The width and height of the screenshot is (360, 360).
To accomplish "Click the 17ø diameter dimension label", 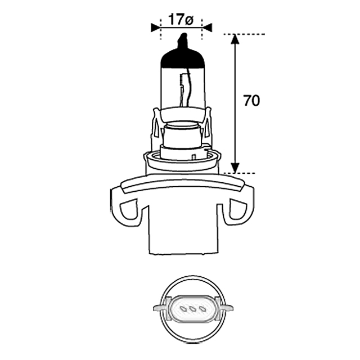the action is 181,20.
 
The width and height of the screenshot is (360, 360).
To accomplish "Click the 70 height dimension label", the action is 251,101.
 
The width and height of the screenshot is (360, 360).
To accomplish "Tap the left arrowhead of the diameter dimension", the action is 155,28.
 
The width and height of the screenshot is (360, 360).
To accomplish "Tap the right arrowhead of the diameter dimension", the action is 208,28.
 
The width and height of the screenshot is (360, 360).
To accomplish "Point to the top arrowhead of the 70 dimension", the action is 235,39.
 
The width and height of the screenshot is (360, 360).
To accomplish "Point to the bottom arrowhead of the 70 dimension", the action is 235,168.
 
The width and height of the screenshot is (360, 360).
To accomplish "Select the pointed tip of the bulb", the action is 184,34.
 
